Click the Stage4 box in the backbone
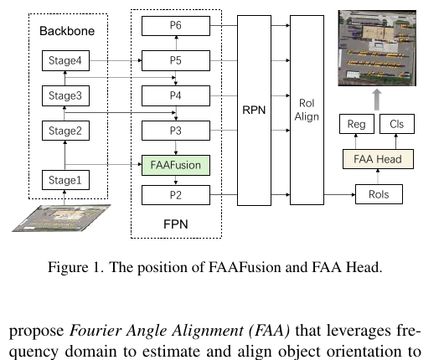pyautogui.click(x=65, y=60)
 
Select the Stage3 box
pyautogui.click(x=65, y=95)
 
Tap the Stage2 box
pyautogui.click(x=65, y=131)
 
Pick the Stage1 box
pyautogui.click(x=65, y=180)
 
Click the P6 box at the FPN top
pyautogui.click(x=176, y=26)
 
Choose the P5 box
pyautogui.click(x=176, y=60)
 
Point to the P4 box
pyautogui.click(x=176, y=95)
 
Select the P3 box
pyautogui.click(x=176, y=131)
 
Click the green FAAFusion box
pyautogui.click(x=176, y=165)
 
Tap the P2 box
pyautogui.click(x=176, y=195)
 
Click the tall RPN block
pyautogui.click(x=254, y=111)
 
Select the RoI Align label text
pyautogui.click(x=307, y=110)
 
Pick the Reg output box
pyautogui.click(x=357, y=124)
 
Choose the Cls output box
pyautogui.click(x=397, y=124)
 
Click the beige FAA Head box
pyautogui.click(x=378, y=159)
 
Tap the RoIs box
pyautogui.click(x=379, y=194)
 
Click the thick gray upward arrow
pyautogui.click(x=377, y=100)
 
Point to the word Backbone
pyautogui.click(x=67, y=31)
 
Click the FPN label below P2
pyautogui.click(x=176, y=224)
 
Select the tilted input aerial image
pyautogui.click(x=61, y=219)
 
